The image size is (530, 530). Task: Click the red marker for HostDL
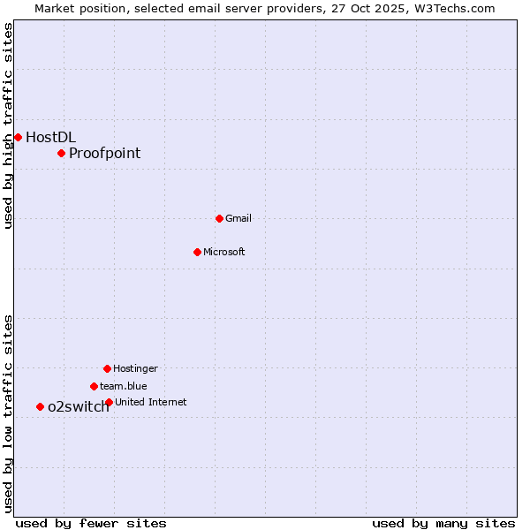coord(18,137)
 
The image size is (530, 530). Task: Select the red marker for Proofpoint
coord(61,153)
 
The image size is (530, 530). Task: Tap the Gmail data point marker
coord(219,218)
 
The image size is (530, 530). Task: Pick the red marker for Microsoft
coord(197,252)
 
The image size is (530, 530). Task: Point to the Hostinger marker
coord(107,368)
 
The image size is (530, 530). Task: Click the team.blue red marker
coord(94,386)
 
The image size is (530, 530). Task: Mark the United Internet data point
coord(109,402)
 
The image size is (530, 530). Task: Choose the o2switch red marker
coord(40,406)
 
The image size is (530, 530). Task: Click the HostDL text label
coord(50,137)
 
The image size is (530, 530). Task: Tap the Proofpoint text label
coord(104,153)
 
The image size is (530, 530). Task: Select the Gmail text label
coord(238,218)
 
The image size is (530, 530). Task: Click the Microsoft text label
coord(224,252)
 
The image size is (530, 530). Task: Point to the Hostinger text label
coord(135,368)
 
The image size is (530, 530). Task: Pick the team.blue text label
coord(124,386)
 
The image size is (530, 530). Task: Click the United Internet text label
coord(151,402)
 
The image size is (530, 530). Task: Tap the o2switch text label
coord(78,406)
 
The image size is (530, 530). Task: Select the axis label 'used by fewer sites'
coord(91,523)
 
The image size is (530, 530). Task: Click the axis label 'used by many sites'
coord(443,523)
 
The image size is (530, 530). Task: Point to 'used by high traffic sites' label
coord(8,126)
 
